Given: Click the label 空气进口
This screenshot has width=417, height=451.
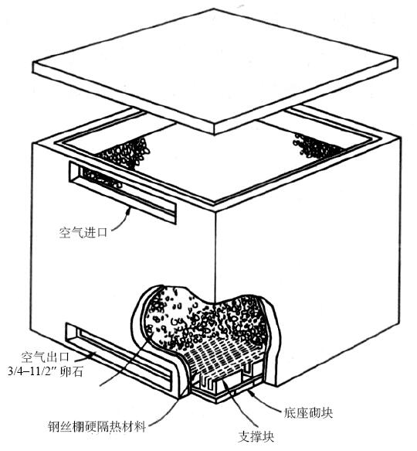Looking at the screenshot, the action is point(83,232).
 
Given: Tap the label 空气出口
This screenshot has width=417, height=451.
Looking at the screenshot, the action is point(46,357).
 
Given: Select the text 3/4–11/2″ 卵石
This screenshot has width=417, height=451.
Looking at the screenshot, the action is point(46,371).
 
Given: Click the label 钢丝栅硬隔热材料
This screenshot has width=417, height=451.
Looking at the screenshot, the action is point(97,426).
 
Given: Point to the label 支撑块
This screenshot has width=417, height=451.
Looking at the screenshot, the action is point(256,436).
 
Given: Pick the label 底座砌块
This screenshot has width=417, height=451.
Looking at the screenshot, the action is point(308,413).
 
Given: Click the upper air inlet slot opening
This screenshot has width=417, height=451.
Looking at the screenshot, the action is point(122,192).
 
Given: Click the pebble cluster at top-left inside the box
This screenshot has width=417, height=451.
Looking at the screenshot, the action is point(124,152).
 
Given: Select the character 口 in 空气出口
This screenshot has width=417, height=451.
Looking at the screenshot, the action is point(64,357).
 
